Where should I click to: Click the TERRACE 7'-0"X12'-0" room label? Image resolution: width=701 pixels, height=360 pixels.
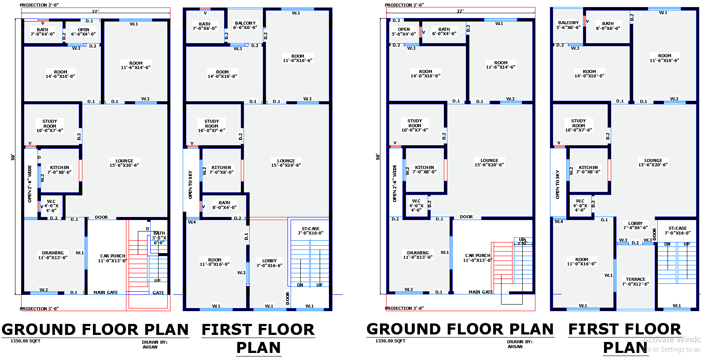click(x=635, y=282)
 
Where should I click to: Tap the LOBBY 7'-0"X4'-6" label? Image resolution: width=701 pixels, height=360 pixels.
click(x=635, y=225)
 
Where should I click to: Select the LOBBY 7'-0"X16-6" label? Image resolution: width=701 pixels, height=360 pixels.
click(x=269, y=263)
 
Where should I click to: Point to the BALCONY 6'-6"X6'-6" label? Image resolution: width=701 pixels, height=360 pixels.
click(x=245, y=25)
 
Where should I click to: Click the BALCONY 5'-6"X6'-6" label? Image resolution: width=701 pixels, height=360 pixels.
click(x=568, y=25)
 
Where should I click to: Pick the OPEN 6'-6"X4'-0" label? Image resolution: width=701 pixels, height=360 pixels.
click(x=83, y=32)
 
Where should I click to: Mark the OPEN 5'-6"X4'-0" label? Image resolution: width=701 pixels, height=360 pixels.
click(x=404, y=32)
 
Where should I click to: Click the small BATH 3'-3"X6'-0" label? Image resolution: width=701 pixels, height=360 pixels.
click(x=159, y=238)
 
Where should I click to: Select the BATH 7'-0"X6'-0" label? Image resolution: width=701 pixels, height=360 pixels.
click(x=205, y=26)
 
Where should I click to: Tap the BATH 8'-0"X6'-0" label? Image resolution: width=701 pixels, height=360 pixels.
click(x=608, y=26)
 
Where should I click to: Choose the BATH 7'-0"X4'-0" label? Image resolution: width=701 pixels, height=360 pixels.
click(x=43, y=32)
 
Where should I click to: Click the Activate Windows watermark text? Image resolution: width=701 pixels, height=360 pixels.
click(x=671, y=340)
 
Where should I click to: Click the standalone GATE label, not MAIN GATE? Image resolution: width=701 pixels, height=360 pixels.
click(x=159, y=293)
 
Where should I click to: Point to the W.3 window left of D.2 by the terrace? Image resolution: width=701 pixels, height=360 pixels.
click(x=623, y=240)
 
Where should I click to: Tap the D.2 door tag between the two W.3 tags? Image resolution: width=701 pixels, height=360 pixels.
click(x=635, y=242)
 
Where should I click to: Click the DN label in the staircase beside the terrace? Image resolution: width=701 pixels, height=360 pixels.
click(x=667, y=244)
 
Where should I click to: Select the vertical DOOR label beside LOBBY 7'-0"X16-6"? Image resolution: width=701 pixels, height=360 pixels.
click(x=288, y=298)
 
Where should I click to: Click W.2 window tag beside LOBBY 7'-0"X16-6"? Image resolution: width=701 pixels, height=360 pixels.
click(x=241, y=273)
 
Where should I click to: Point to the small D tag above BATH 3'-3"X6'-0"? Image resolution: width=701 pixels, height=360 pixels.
click(x=148, y=229)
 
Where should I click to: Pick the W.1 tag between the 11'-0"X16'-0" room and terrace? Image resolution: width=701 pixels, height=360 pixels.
click(x=608, y=276)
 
